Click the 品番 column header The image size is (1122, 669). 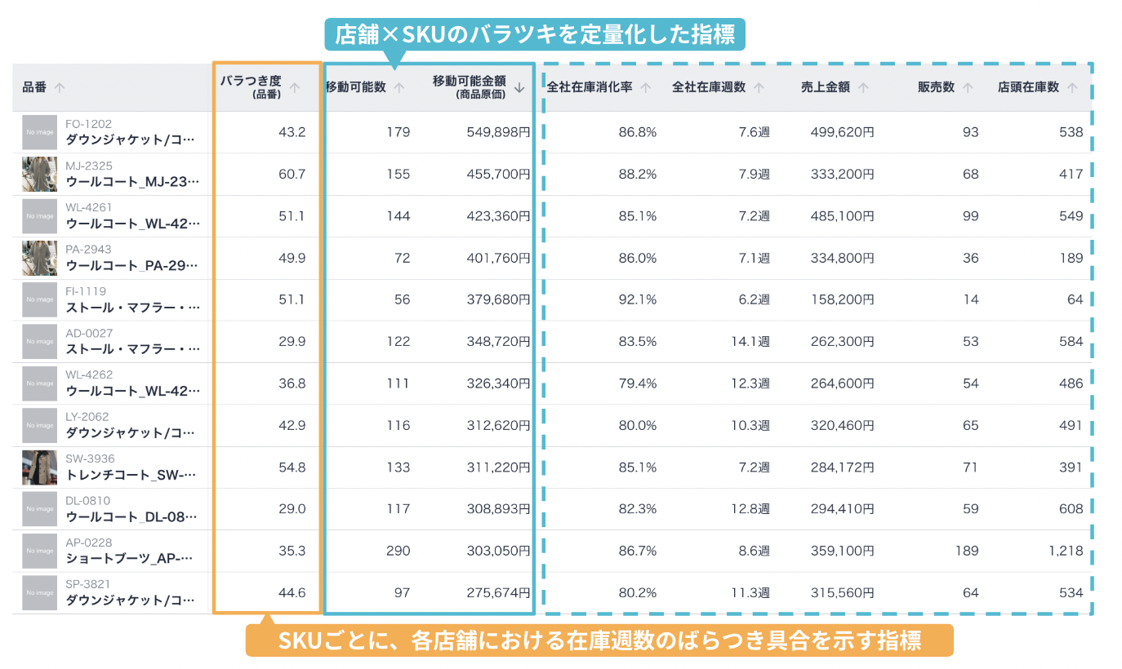click(34, 87)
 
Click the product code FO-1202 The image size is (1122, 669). click(88, 124)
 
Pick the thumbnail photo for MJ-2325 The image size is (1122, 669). click(39, 174)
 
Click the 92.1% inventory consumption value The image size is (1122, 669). click(638, 299)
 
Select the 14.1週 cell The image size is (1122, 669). click(750, 341)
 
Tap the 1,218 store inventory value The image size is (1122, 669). click(1066, 551)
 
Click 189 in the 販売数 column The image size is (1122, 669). click(967, 551)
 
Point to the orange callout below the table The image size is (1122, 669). click(599, 640)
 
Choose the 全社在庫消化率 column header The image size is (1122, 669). click(590, 87)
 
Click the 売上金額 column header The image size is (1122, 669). click(825, 87)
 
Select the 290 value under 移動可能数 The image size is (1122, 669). click(398, 551)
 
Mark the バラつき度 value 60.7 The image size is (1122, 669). click(292, 174)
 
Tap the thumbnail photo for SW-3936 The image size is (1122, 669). click(39, 467)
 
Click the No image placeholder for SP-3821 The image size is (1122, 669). click(39, 592)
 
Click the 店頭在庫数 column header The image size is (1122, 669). click(1028, 87)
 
